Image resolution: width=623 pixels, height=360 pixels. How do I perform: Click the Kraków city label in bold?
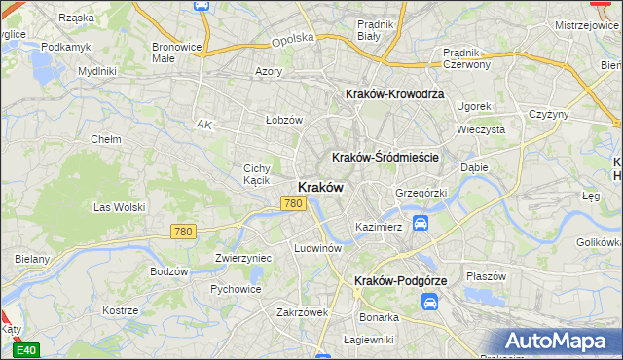(x=318, y=188)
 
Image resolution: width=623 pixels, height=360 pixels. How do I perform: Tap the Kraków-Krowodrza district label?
(x=394, y=94)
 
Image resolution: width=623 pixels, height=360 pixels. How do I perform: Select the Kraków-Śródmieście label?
(x=386, y=157)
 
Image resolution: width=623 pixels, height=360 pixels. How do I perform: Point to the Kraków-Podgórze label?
(x=400, y=280)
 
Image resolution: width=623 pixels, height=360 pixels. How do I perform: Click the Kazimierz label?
(x=379, y=227)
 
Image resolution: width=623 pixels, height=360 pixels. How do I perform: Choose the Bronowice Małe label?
(x=176, y=52)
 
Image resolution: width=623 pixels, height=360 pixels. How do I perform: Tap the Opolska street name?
(x=293, y=38)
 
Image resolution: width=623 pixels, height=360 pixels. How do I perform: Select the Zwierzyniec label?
(x=242, y=258)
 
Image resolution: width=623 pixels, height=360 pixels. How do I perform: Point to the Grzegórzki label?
(x=421, y=193)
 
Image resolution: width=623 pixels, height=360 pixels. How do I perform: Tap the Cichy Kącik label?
(x=256, y=174)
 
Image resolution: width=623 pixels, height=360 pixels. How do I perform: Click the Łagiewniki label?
(x=368, y=340)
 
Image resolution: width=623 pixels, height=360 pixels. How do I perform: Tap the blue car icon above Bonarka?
(x=429, y=303)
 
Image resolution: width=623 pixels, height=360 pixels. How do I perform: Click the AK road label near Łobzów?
(x=203, y=125)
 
